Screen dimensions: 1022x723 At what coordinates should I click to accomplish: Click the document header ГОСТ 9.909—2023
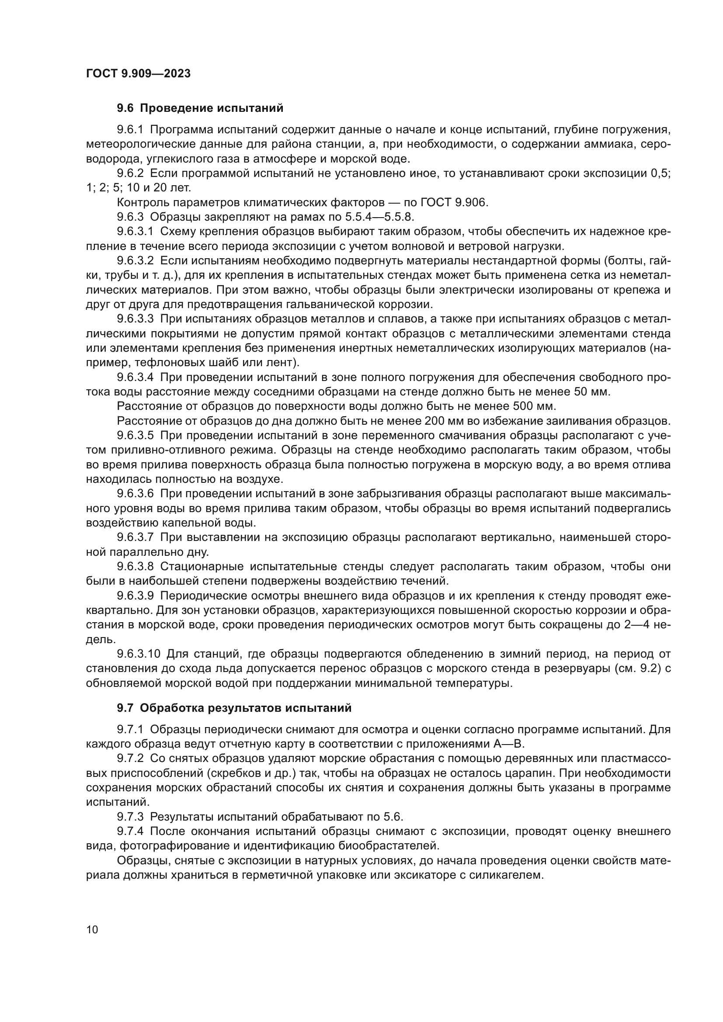pyautogui.click(x=138, y=73)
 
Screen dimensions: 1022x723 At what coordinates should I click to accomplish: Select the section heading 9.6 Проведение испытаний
pyautogui.click(x=200, y=108)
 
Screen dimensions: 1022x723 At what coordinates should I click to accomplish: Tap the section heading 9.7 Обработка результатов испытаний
pyautogui.click(x=234, y=708)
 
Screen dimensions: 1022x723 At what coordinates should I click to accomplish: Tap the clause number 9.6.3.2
pyautogui.click(x=136, y=261)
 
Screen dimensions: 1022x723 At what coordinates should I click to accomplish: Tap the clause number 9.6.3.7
pyautogui.click(x=136, y=538)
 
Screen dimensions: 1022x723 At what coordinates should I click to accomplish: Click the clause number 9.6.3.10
pyautogui.click(x=139, y=655)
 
